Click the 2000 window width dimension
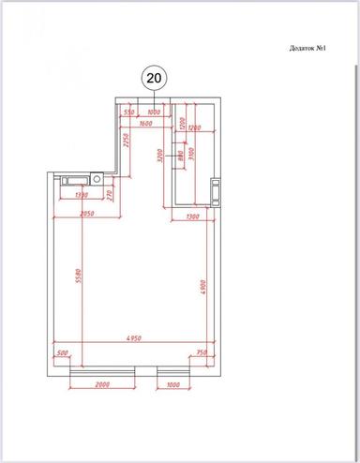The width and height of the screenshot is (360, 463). (102, 385)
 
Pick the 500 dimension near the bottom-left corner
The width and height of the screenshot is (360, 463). (63, 353)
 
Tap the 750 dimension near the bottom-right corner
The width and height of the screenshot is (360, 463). (201, 353)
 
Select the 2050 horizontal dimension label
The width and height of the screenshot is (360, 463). (89, 215)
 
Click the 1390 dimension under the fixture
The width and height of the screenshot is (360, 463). (79, 196)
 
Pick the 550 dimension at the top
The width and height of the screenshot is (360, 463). (130, 112)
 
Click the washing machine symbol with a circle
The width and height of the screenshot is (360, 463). (97, 178)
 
